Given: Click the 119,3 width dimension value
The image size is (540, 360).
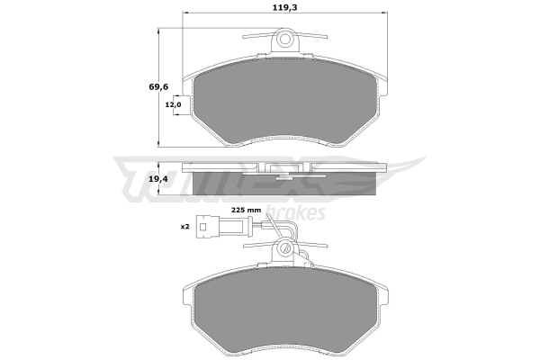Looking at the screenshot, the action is point(284,7).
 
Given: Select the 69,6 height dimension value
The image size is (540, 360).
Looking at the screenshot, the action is point(158,86).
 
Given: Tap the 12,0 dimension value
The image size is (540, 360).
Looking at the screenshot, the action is point(173,104).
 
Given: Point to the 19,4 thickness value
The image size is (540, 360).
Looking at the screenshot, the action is point(158,178).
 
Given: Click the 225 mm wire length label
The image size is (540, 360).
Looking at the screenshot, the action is point(246,210).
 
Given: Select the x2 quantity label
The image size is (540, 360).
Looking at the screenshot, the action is point(184,227).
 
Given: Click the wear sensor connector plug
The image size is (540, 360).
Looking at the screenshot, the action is point(220,226).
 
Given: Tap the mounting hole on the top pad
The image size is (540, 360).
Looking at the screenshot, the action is point(284,38).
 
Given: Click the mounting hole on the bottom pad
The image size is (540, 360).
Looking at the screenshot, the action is point(284,247).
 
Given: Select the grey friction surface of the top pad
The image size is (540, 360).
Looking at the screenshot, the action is point(287,100).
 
